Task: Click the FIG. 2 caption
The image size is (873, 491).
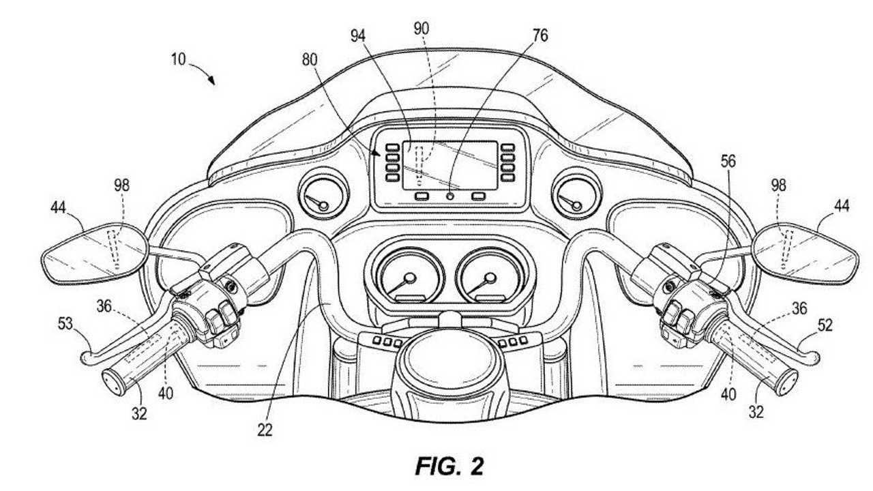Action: tap(449, 466)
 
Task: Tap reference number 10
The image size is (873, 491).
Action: tap(178, 59)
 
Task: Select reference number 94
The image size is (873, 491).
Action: tap(358, 36)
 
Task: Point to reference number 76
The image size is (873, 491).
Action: tap(540, 35)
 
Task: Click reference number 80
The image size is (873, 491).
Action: tap(310, 59)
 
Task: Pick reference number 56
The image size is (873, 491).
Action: tap(728, 161)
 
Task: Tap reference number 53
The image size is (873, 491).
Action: tap(65, 323)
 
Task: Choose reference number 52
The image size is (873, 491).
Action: tap(825, 325)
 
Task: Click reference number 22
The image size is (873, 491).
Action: tap(265, 430)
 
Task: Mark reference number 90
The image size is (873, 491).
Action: tap(421, 29)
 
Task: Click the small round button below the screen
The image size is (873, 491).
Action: tap(451, 196)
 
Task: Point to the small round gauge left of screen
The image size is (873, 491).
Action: tap(323, 194)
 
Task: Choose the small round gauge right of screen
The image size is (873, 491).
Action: tap(576, 194)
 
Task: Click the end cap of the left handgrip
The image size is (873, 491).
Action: tap(113, 381)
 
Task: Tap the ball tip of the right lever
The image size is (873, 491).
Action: tap(814, 358)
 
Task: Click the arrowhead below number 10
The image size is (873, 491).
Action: tap(211, 80)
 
